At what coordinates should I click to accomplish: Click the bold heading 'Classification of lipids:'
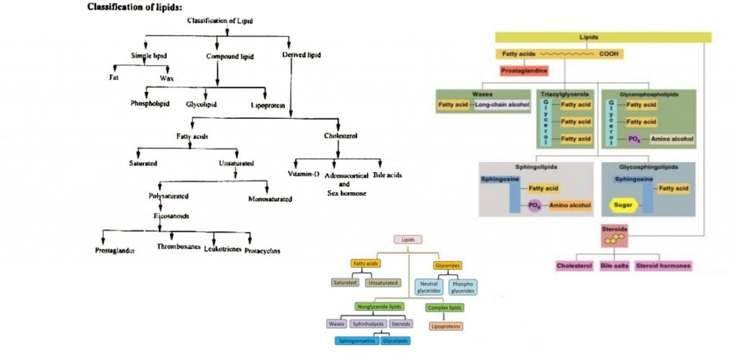pyautogui.click(x=135, y=7)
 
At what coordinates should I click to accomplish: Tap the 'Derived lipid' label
pyautogui.click(x=302, y=55)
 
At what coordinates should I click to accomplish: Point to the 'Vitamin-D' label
pyautogui.click(x=304, y=174)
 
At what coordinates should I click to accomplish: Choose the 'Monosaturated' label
pyautogui.click(x=270, y=199)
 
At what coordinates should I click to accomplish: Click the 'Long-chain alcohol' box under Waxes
pyautogui.click(x=502, y=105)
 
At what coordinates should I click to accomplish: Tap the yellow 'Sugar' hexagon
pyautogui.click(x=623, y=205)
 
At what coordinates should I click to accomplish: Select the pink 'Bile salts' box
pyautogui.click(x=613, y=266)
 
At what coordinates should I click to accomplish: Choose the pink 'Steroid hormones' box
pyautogui.click(x=663, y=266)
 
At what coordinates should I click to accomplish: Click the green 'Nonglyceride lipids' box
pyautogui.click(x=379, y=307)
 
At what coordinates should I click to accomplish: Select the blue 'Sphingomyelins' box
pyautogui.click(x=358, y=341)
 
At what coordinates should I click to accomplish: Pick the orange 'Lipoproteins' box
pyautogui.click(x=446, y=326)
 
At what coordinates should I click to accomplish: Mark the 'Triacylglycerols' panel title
pyautogui.click(x=566, y=94)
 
